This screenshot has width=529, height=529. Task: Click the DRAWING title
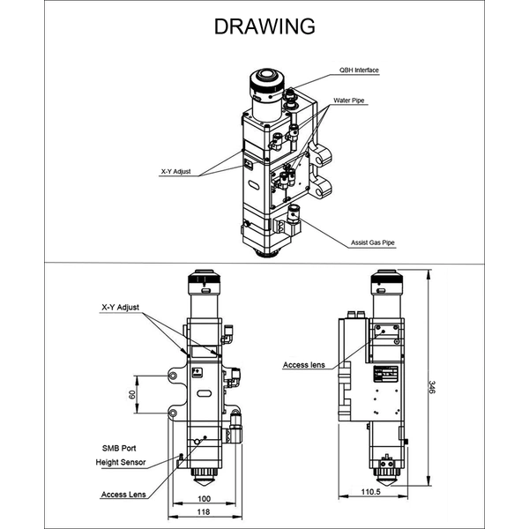(x=264, y=26)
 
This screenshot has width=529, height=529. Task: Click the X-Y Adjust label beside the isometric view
(x=176, y=172)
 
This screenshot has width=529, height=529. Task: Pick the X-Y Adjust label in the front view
(x=121, y=308)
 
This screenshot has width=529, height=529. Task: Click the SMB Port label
(x=117, y=448)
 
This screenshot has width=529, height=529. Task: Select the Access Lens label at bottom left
(x=123, y=495)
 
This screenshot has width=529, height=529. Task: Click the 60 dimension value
(x=132, y=394)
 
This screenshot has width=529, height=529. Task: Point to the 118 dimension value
(x=203, y=512)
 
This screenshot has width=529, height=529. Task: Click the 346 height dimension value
(x=432, y=386)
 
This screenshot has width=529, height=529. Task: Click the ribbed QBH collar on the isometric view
(x=264, y=86)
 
